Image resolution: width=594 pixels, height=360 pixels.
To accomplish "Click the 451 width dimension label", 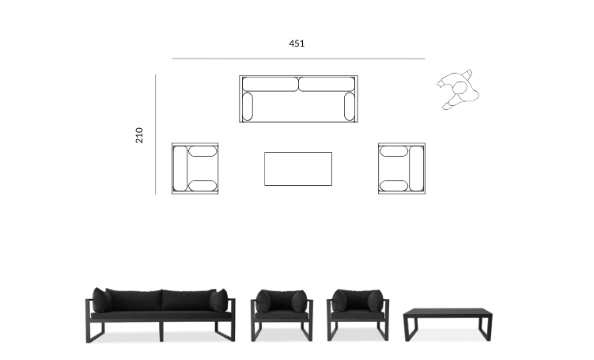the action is tap(297, 44).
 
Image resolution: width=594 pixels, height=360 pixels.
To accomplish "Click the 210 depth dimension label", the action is tap(139, 135).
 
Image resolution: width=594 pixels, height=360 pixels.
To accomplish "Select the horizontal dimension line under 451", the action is tap(298, 59).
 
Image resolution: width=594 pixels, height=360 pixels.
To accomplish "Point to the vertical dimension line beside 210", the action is tap(155, 135).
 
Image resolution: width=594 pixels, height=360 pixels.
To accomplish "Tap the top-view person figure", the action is tap(458, 90).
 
